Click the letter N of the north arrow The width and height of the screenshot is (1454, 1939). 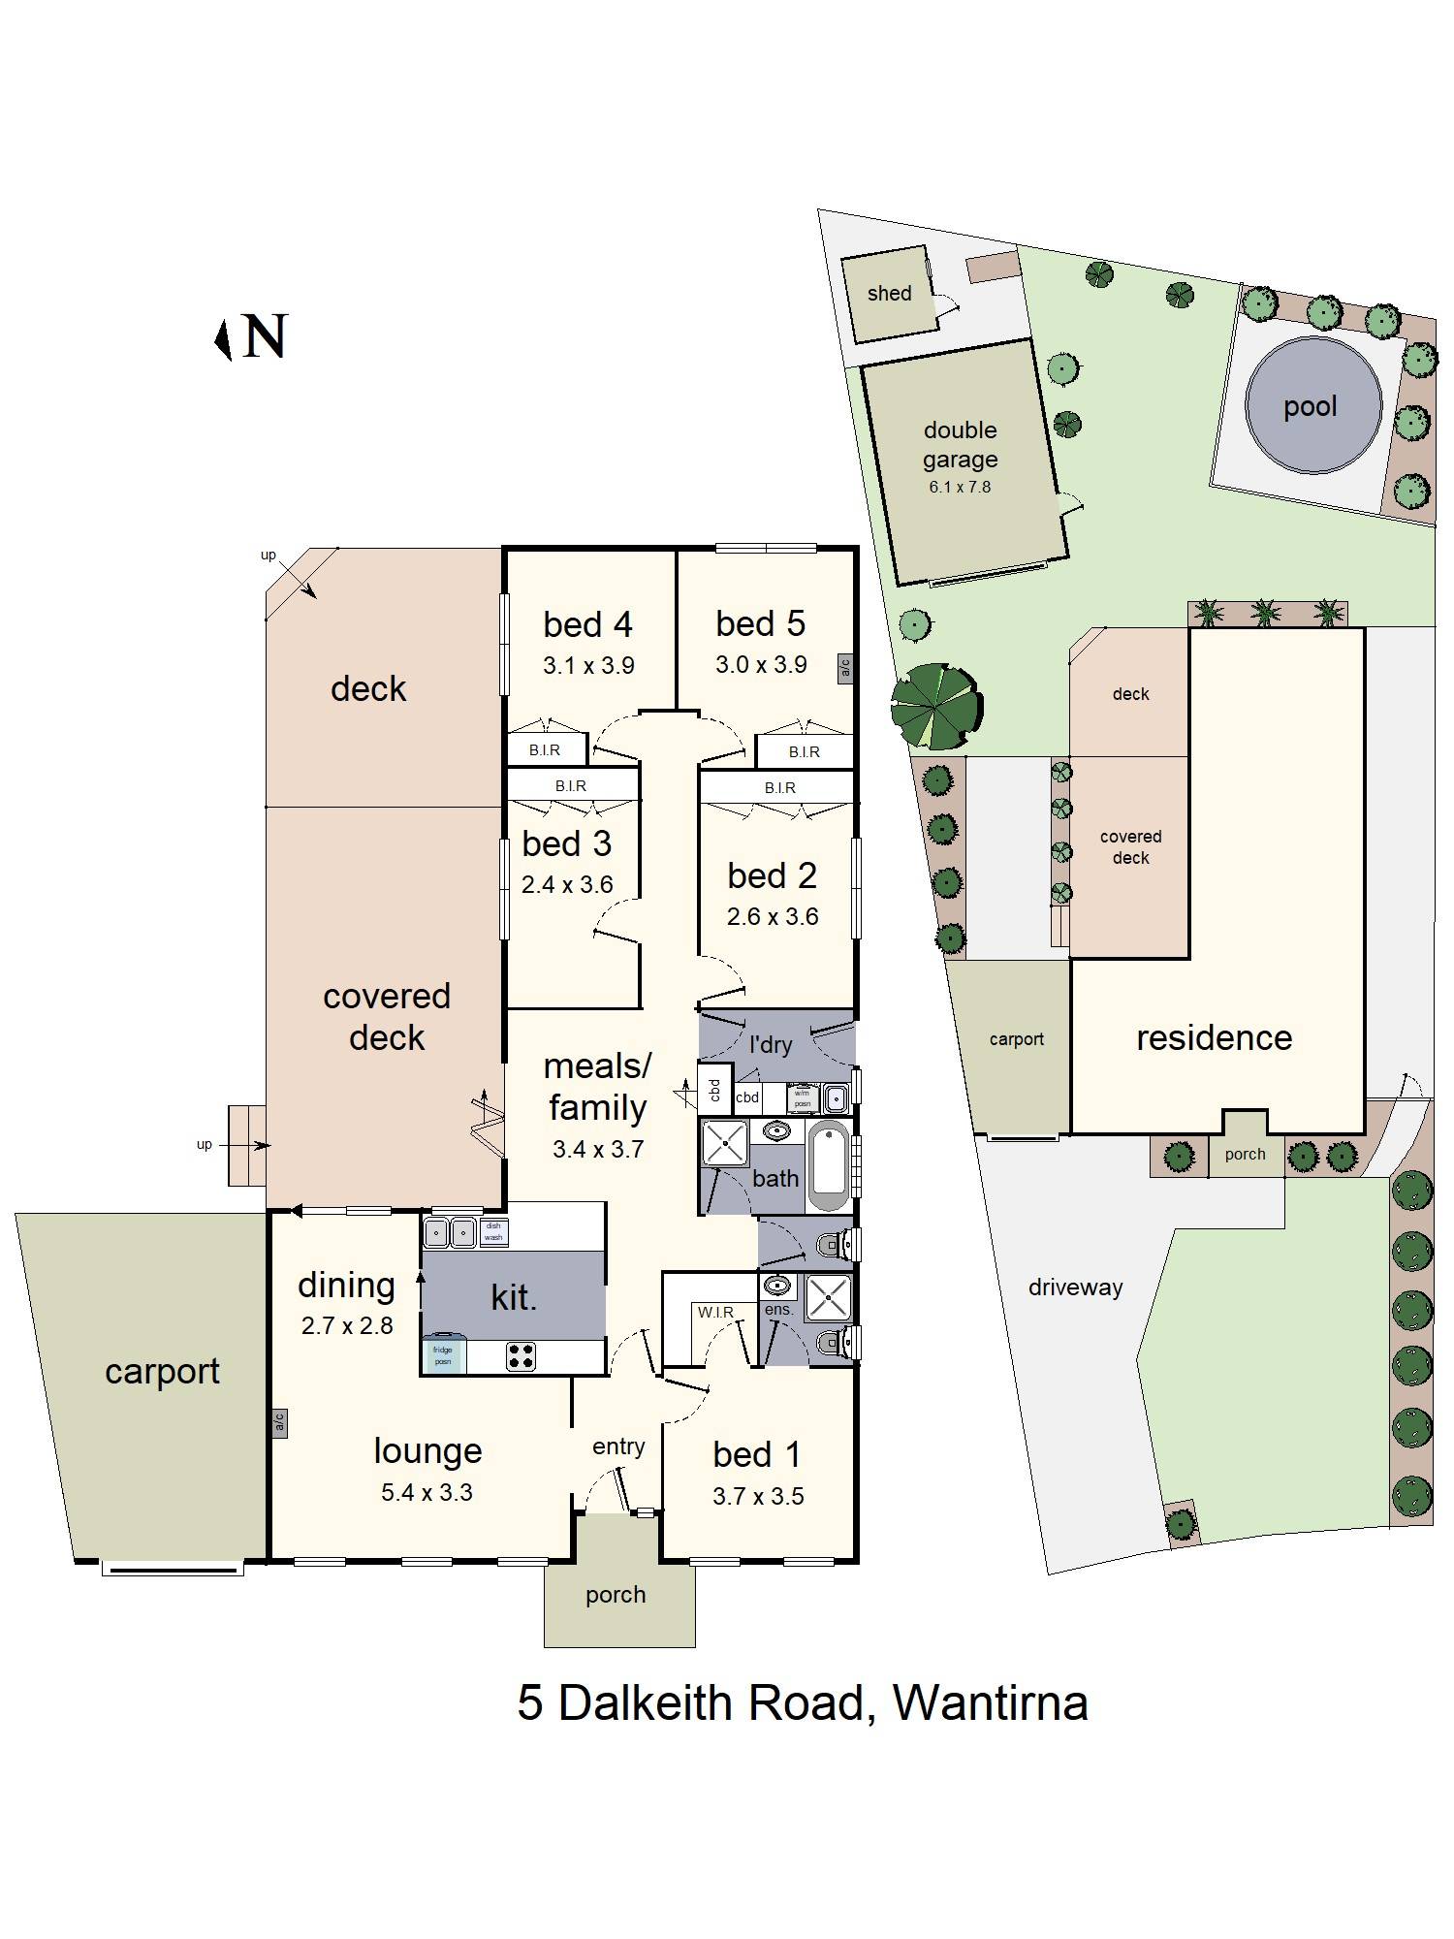[265, 337]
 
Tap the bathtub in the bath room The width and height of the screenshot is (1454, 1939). [829, 1164]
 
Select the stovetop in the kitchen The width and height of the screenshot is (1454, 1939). [522, 1355]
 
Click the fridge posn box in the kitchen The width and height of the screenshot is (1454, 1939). [443, 1354]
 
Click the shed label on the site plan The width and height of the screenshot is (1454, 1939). [889, 293]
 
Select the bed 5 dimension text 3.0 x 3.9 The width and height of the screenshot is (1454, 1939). [761, 665]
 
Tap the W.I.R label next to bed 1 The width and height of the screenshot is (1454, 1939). [715, 1312]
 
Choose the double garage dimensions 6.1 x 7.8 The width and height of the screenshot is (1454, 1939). [960, 488]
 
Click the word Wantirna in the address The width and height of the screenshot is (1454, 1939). [990, 1702]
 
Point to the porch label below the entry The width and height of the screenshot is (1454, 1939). [616, 1595]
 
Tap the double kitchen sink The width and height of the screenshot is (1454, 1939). [451, 1233]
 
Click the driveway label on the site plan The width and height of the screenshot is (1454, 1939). [1075, 1287]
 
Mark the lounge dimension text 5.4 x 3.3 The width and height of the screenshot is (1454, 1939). [427, 1492]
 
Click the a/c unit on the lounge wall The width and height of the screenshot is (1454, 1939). [279, 1421]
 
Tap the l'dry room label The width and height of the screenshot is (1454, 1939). [771, 1045]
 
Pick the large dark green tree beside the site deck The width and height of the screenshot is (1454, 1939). [936, 706]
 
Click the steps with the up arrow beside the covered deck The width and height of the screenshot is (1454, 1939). [247, 1145]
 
